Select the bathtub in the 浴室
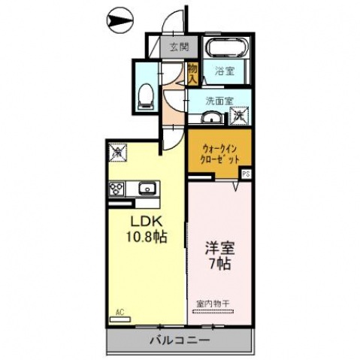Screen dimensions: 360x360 point(226,50)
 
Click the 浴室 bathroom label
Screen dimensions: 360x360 point(224,72)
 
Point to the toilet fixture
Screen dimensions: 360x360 point(146,94)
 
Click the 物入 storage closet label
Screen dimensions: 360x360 point(192,73)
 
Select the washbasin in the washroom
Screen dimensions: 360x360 point(212,116)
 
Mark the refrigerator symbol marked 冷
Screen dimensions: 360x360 point(118,153)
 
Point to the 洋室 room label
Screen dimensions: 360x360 point(217,249)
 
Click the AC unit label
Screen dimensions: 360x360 point(119,310)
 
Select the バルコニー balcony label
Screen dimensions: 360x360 point(181,340)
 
